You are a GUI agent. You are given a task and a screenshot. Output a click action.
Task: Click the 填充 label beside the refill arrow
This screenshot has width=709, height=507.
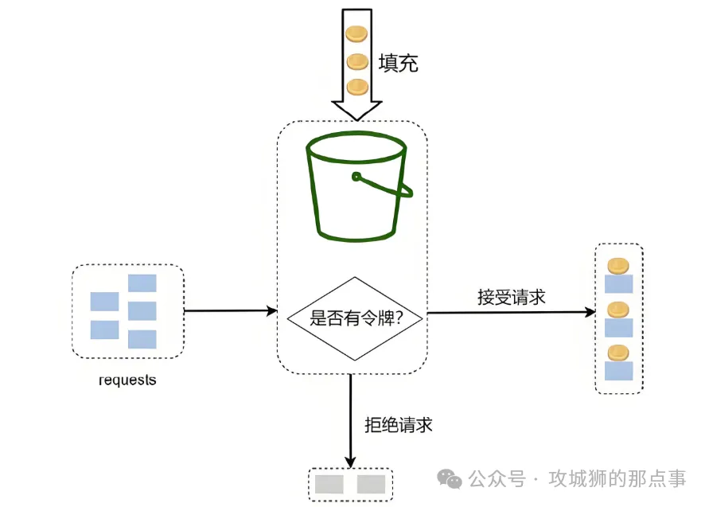pos(399,62)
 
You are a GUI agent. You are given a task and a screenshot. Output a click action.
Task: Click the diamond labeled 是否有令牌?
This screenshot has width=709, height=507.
pos(355,318)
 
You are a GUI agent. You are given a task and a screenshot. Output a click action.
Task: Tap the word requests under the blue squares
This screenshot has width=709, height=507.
pos(127,380)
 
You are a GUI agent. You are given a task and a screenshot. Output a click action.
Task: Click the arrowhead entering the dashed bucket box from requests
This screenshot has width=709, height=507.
pos(271,310)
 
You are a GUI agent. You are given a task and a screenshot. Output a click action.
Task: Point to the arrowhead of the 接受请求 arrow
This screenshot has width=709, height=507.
pos(590,313)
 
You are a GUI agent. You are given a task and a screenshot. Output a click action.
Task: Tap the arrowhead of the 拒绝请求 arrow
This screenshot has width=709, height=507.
pos(350,462)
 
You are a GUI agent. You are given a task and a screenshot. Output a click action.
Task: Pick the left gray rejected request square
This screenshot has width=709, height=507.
pos(329,484)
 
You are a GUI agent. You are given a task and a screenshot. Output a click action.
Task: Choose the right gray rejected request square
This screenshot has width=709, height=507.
pos(371,484)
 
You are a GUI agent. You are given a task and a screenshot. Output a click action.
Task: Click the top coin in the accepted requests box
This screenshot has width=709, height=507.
pos(618,266)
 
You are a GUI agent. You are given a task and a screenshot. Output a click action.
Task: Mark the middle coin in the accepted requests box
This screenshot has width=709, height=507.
pos(618,309)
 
